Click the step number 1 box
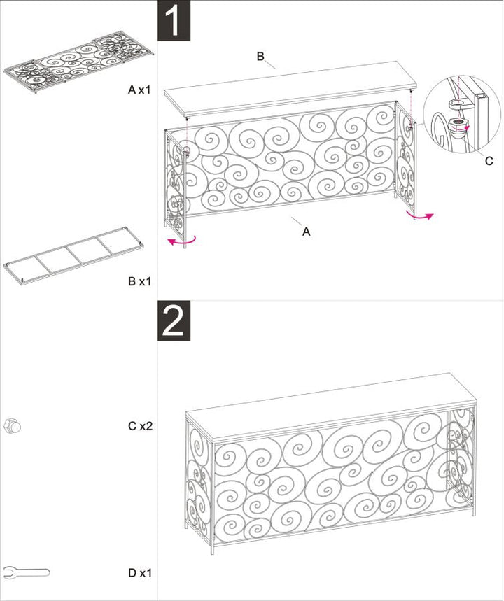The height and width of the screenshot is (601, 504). pyautogui.click(x=174, y=21)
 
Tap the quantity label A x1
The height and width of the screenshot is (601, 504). pyautogui.click(x=140, y=90)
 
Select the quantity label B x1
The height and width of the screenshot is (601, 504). pyautogui.click(x=140, y=281)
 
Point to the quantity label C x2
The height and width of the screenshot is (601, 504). pyautogui.click(x=140, y=425)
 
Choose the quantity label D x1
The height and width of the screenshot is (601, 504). pyautogui.click(x=140, y=573)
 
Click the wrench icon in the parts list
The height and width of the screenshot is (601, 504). pyautogui.click(x=26, y=572)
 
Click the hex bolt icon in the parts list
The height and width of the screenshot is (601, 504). pyautogui.click(x=13, y=425)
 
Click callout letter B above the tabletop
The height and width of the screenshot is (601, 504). pyautogui.click(x=260, y=57)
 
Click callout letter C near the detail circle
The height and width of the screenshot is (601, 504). pyautogui.click(x=489, y=161)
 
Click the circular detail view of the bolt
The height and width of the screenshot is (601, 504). pyautogui.click(x=458, y=115)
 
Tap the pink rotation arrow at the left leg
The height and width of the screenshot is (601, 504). pyautogui.click(x=181, y=241)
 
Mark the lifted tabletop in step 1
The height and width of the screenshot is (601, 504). pyautogui.click(x=294, y=91)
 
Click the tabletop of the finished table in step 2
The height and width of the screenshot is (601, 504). pyautogui.click(x=329, y=406)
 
